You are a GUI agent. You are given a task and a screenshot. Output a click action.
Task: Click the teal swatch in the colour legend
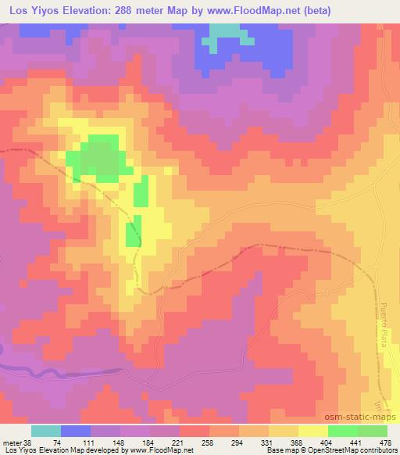(x=46, y=431)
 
